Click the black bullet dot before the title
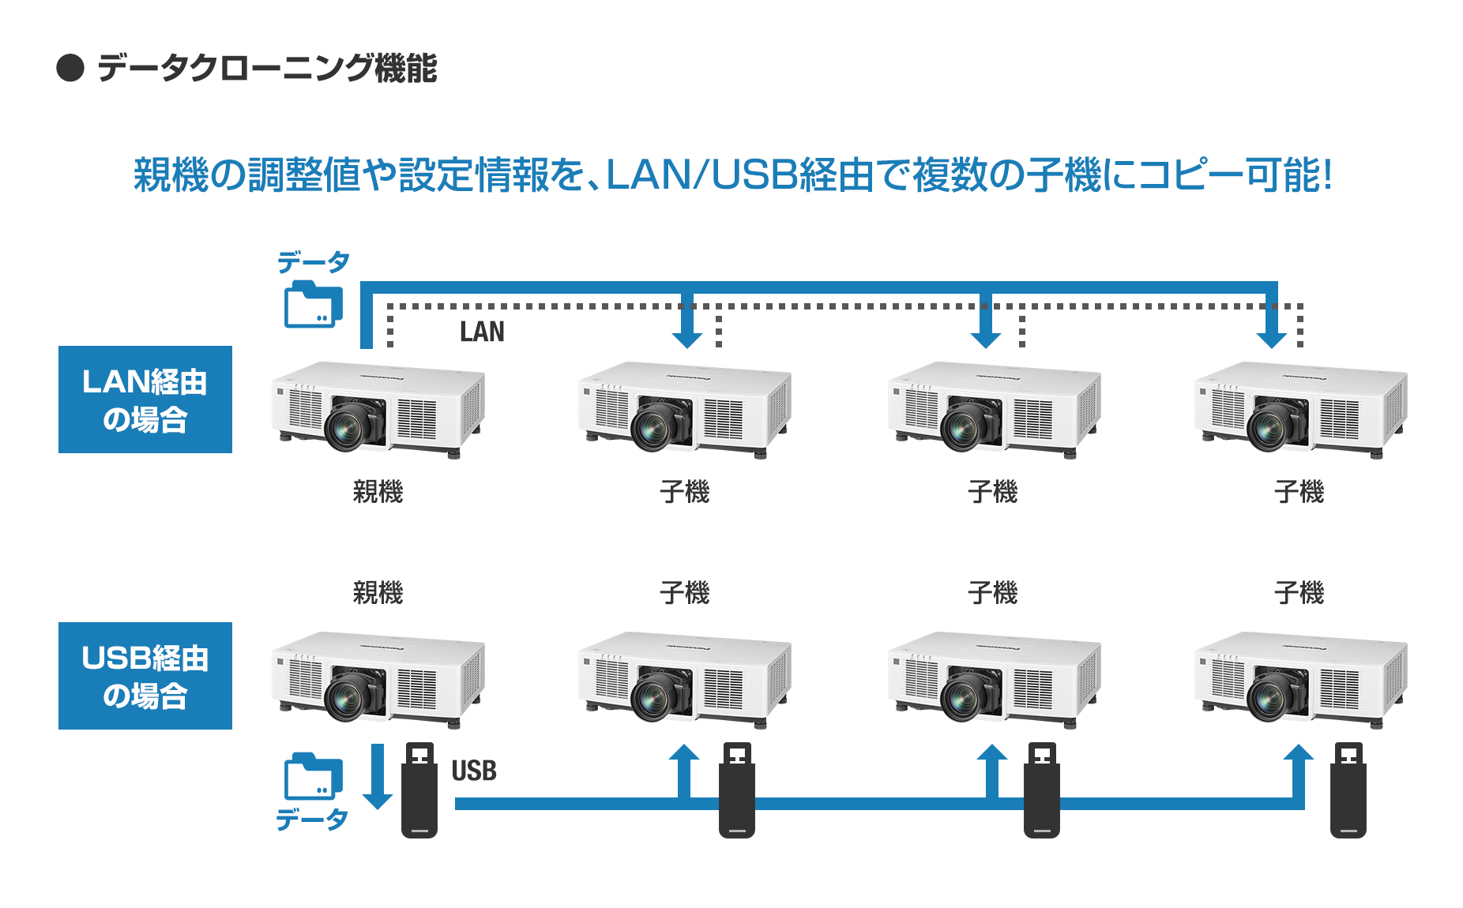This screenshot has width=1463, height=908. click(x=70, y=68)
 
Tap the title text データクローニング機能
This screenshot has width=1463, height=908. click(x=267, y=68)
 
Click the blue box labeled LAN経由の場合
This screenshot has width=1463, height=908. click(x=145, y=400)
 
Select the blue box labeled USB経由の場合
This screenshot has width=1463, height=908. click(x=145, y=676)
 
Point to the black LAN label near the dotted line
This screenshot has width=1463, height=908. click(x=482, y=332)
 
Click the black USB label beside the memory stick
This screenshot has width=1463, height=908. click(x=474, y=771)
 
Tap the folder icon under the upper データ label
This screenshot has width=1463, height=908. click(x=313, y=304)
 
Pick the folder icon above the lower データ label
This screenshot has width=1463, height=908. click(x=313, y=777)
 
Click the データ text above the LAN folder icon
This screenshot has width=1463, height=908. click(x=313, y=262)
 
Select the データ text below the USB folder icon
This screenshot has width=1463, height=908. click(x=311, y=820)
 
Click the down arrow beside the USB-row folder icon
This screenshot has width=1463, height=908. click(x=378, y=777)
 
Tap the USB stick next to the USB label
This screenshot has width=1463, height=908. click(x=419, y=790)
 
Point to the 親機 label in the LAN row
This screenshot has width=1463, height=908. click(x=378, y=492)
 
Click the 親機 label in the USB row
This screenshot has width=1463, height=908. click(x=378, y=592)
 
